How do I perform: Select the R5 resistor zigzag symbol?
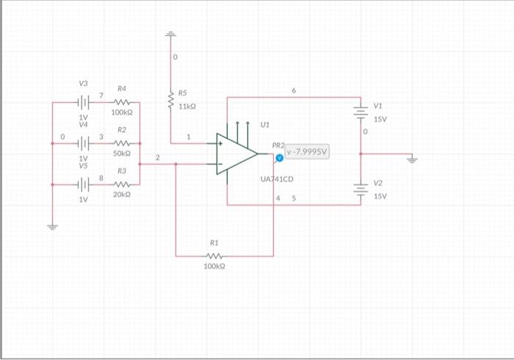(170, 104)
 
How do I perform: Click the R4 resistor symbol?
(122, 103)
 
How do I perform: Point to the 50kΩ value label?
(122, 154)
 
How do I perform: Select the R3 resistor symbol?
(122, 184)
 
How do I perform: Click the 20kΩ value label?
(122, 195)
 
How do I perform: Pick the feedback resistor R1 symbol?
(214, 256)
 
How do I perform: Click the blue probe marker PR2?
(279, 157)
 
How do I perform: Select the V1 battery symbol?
(361, 112)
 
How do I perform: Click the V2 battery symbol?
(361, 189)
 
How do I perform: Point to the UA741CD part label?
(277, 179)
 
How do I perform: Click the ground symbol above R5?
(170, 34)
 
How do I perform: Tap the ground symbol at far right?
(412, 157)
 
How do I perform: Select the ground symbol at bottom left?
(52, 226)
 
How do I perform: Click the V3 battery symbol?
(84, 103)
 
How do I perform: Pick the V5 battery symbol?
(84, 184)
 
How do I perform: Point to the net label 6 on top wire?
(294, 90)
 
